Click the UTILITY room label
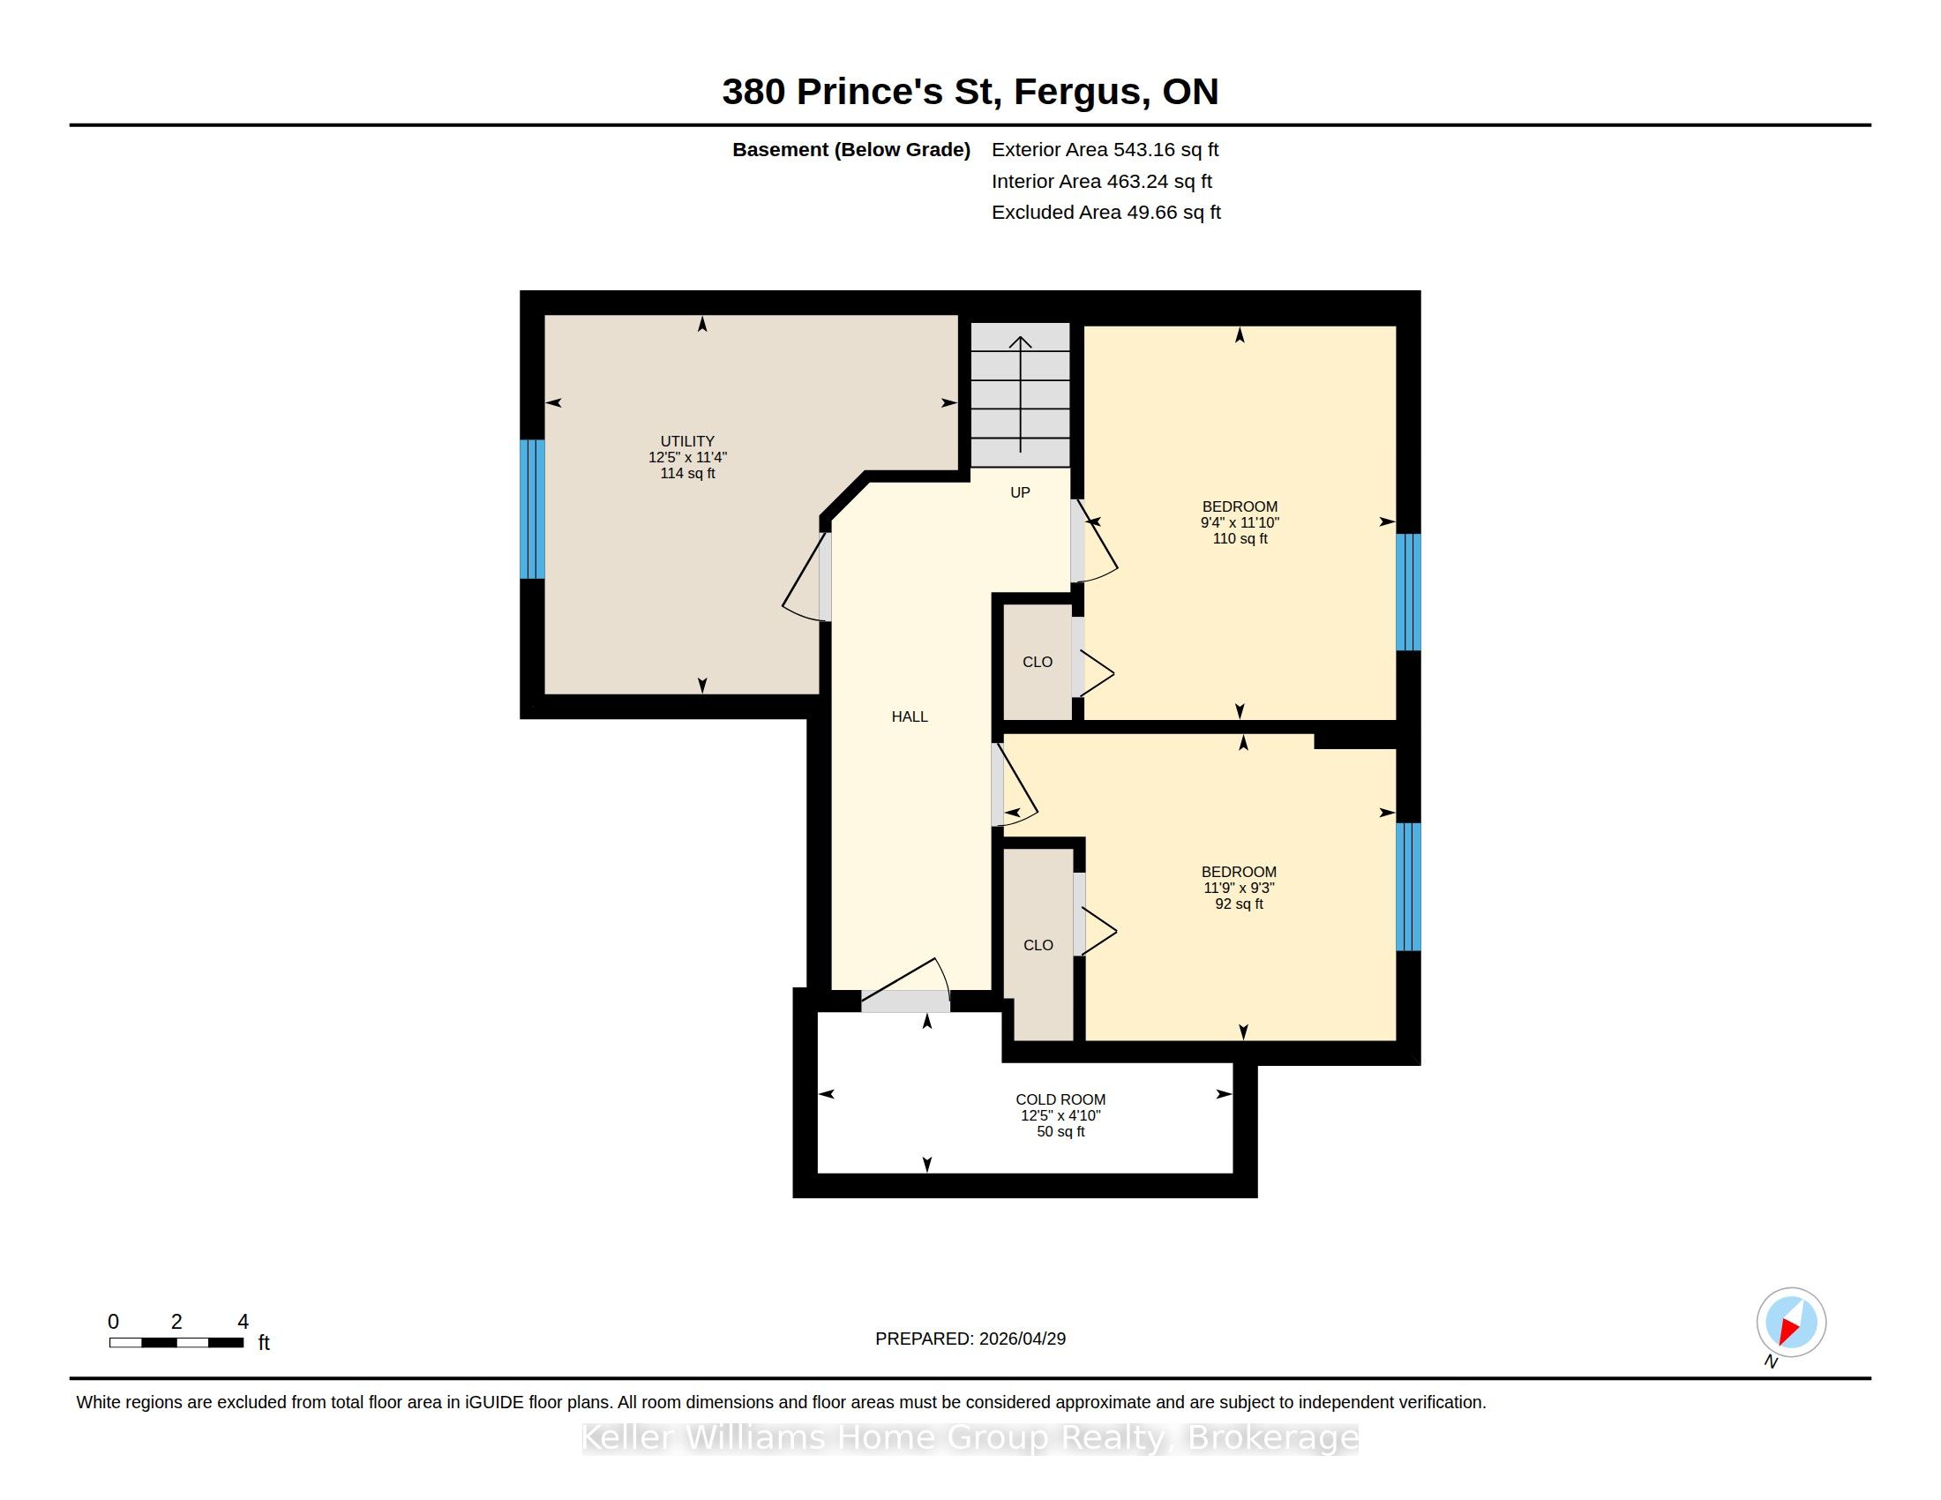point(687,441)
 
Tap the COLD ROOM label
point(1060,1099)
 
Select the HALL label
point(909,716)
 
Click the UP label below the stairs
point(1020,492)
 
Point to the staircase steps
point(1019,394)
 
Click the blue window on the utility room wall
point(531,509)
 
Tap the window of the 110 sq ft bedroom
point(1408,592)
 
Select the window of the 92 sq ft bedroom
point(1408,887)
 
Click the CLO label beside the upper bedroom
point(1038,662)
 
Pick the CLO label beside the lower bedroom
point(1038,945)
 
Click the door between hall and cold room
point(905,986)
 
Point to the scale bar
point(176,1343)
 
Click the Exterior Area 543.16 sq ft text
point(1105,149)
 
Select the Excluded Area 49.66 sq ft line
point(1106,213)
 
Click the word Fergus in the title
point(1077,92)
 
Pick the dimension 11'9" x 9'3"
point(1239,888)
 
